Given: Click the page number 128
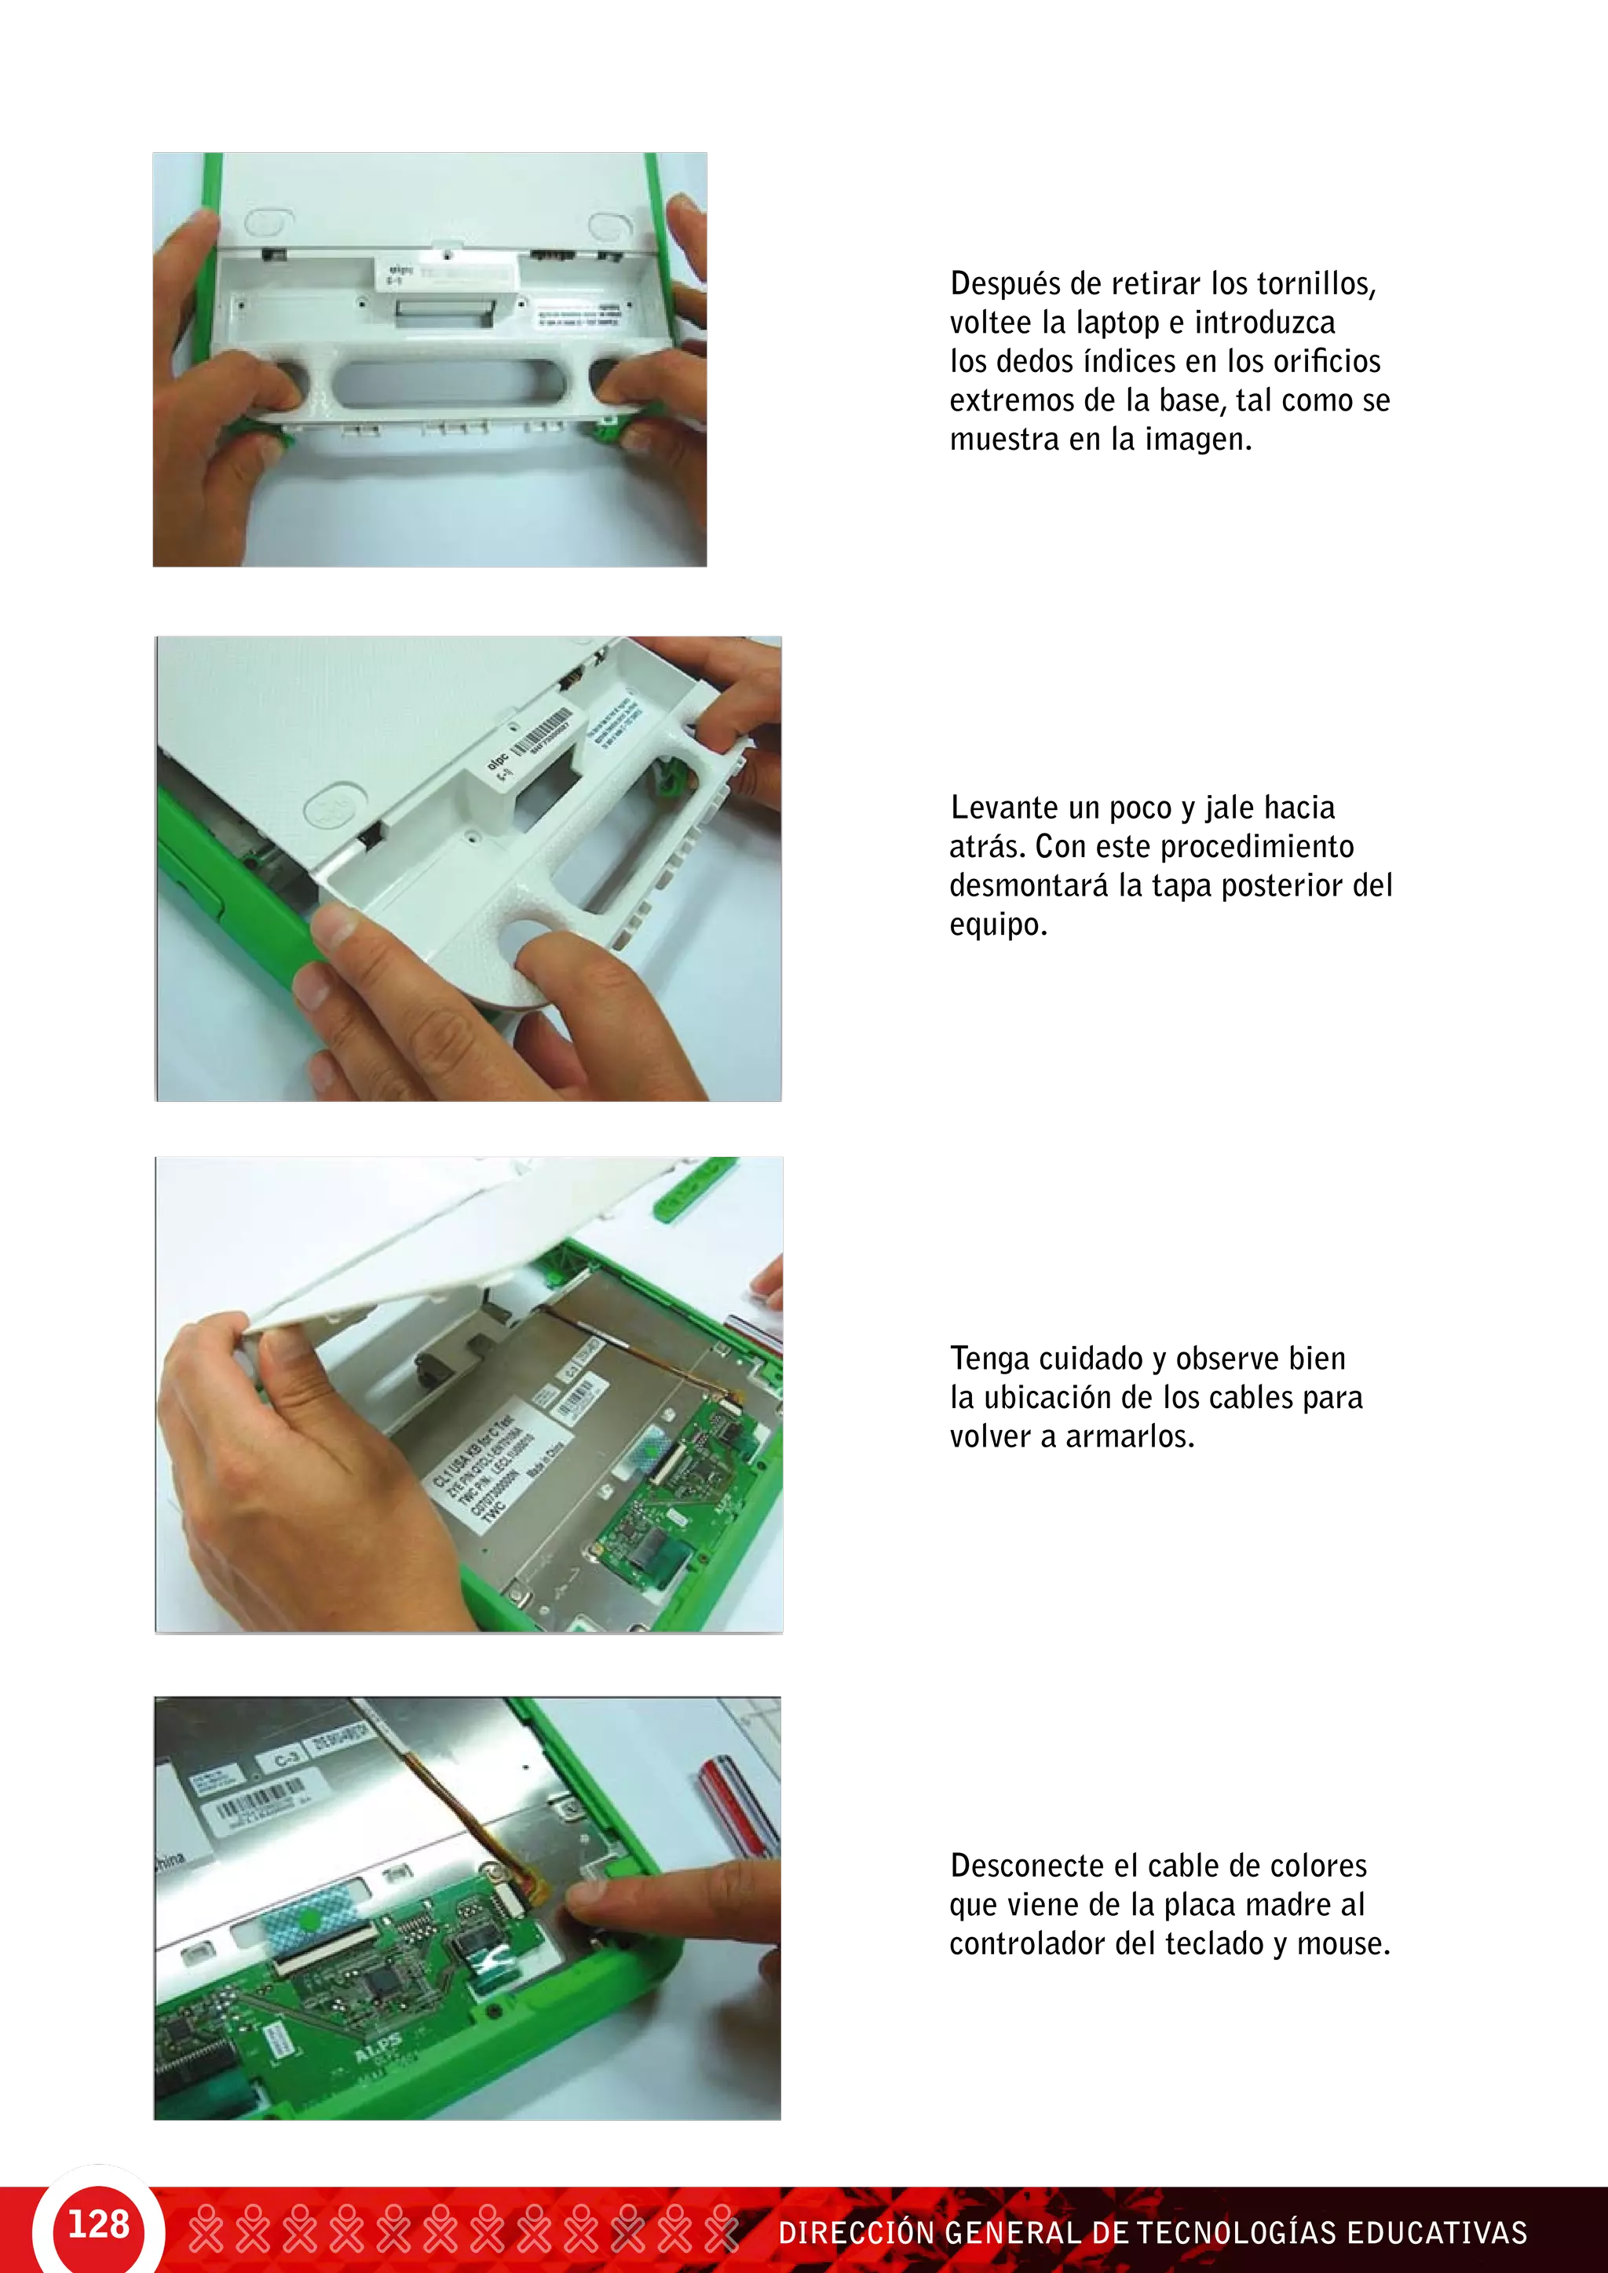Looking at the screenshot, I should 98,2224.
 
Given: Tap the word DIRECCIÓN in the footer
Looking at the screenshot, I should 857,2232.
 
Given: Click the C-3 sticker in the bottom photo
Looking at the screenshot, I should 285,1758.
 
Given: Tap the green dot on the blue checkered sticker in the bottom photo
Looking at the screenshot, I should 310,1921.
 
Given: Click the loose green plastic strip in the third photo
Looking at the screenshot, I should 694,1187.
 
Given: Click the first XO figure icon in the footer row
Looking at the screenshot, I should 206,2227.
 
